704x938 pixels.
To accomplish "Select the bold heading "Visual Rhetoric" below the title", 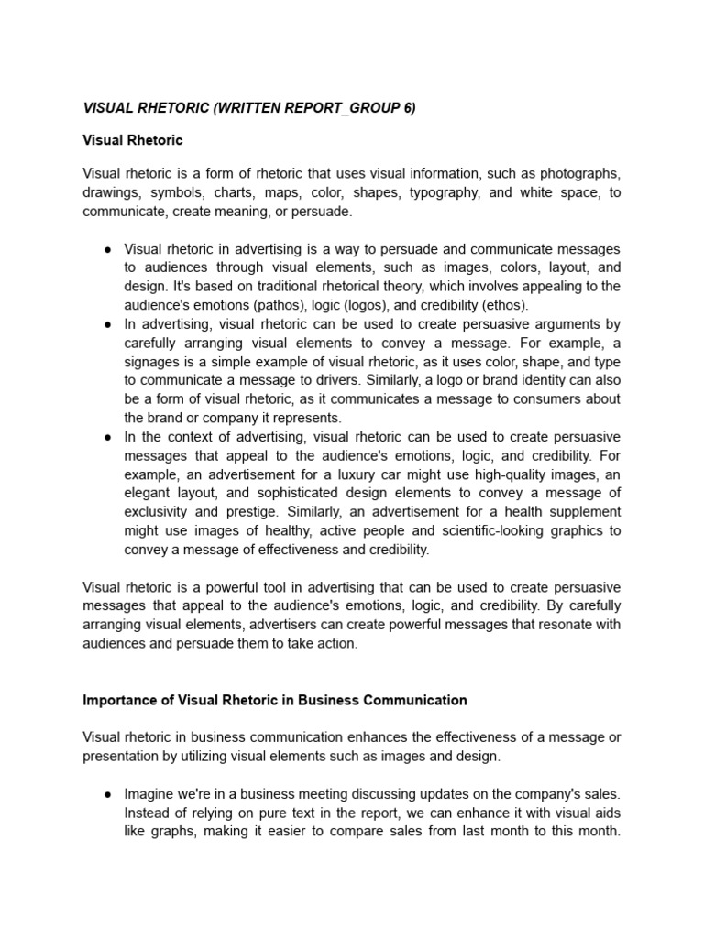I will click(x=133, y=140).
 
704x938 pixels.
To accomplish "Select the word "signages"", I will click(x=152, y=362).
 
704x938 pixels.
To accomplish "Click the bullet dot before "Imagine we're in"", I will click(x=108, y=794).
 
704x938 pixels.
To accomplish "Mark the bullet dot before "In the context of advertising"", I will click(x=108, y=438).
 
